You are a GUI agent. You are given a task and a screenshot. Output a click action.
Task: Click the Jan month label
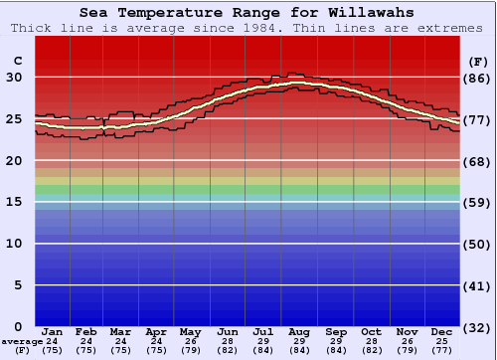tap(53, 331)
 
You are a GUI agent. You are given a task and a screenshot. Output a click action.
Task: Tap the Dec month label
tap(442, 331)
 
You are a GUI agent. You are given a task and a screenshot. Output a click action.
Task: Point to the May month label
tap(189, 331)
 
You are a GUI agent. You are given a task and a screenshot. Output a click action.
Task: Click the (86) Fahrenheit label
tap(477, 78)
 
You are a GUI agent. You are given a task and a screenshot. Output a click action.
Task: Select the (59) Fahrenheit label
tap(477, 202)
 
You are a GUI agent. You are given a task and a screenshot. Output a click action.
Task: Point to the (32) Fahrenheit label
tap(477, 327)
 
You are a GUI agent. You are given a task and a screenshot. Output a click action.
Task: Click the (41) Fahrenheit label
tap(477, 285)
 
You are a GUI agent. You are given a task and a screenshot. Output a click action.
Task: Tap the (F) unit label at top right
tap(477, 61)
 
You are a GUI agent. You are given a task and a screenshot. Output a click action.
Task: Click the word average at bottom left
tap(22, 341)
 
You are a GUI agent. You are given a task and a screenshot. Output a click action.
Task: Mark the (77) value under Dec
tap(442, 350)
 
